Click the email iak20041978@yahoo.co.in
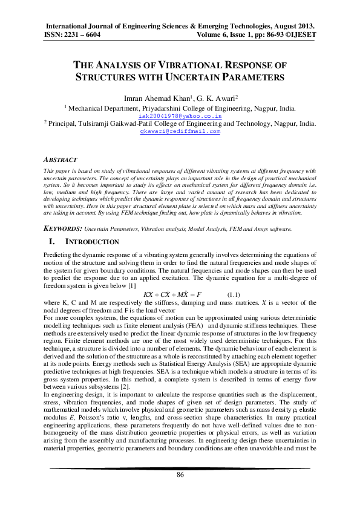180,115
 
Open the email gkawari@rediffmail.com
180,131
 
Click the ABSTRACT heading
61,160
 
